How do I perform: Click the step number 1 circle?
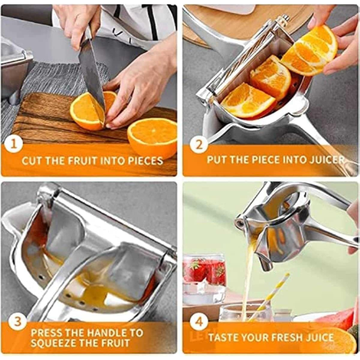click(14, 144)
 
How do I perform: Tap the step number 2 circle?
click(199, 144)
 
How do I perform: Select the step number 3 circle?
click(17, 322)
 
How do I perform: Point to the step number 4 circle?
click(199, 322)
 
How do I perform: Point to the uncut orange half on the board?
click(153, 138)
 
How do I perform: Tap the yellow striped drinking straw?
click(269, 297)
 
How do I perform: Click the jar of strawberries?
click(204, 279)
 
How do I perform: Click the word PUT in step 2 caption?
click(216, 160)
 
